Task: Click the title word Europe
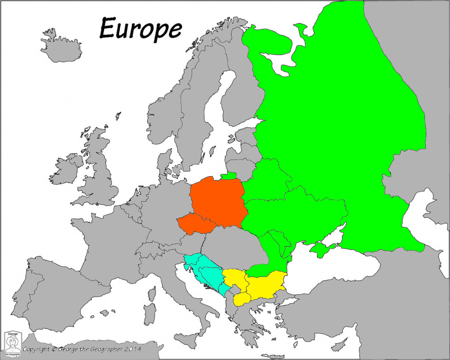tap(140, 29)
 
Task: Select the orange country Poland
tap(218, 200)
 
